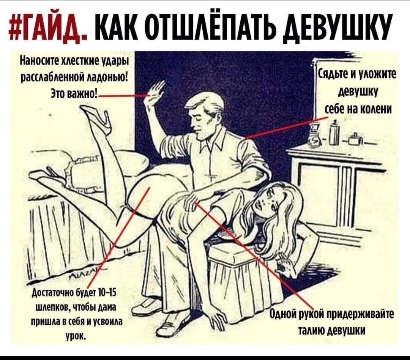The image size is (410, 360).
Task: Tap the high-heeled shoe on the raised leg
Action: pyautogui.click(x=95, y=115)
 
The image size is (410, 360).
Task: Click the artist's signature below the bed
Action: pyautogui.click(x=84, y=273)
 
